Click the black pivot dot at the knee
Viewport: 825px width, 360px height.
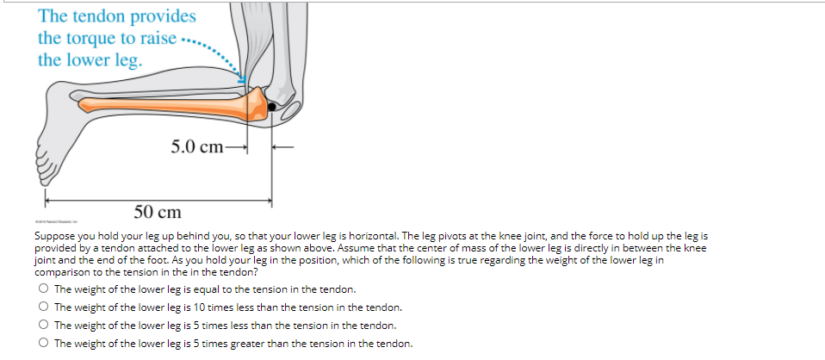tap(273, 106)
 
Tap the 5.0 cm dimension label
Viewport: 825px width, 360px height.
tap(197, 146)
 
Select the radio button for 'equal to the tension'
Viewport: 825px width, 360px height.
tap(42, 289)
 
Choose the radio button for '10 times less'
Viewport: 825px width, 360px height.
tap(42, 307)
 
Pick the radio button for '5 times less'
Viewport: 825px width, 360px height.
tap(42, 326)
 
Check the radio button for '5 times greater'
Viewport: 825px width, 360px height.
tap(42, 344)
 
